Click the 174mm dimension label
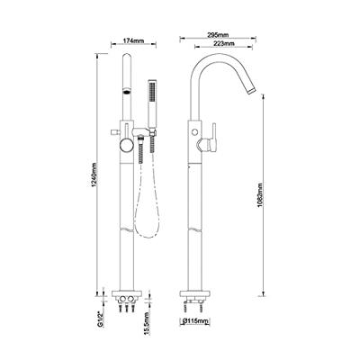[134, 40]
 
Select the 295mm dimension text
[218, 35]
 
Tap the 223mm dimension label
[224, 43]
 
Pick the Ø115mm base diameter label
[195, 321]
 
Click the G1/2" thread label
[101, 320]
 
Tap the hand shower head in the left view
[152, 103]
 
